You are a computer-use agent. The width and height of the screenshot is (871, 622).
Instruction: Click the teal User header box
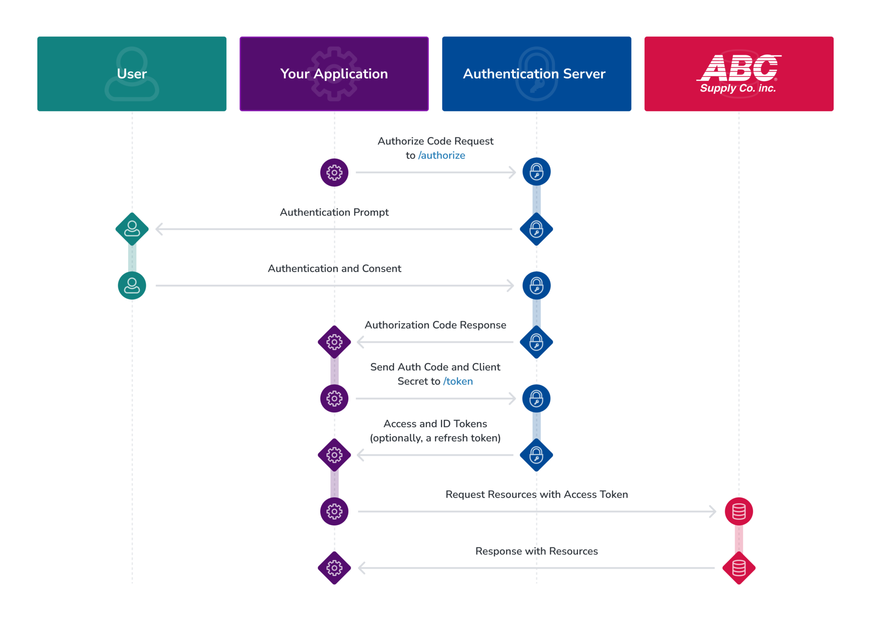point(132,74)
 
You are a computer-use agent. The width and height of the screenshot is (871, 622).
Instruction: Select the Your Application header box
point(334,74)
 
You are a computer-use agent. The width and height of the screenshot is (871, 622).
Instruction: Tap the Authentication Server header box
point(536,74)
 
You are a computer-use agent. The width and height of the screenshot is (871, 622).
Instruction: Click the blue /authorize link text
point(441,156)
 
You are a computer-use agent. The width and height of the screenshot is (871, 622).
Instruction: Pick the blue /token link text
point(458,381)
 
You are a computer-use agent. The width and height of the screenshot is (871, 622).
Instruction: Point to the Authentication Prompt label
point(334,212)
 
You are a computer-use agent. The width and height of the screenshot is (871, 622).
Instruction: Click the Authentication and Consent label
point(334,269)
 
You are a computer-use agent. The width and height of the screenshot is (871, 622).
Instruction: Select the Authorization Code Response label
point(435,325)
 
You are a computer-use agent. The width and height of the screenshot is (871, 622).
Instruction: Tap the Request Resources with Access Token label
point(536,494)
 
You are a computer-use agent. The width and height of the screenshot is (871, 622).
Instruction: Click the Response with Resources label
point(536,551)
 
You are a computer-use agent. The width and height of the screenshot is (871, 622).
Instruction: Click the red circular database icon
point(739,511)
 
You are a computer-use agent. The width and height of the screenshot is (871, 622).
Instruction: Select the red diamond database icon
point(739,568)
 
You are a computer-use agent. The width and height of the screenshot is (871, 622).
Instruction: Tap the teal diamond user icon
point(132,229)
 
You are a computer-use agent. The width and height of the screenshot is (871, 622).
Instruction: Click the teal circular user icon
point(132,286)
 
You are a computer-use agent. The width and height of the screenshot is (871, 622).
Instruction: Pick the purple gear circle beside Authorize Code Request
point(334,173)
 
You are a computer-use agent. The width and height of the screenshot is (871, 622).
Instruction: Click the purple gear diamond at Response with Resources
point(334,568)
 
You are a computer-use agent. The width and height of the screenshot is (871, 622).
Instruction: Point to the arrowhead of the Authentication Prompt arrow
point(159,229)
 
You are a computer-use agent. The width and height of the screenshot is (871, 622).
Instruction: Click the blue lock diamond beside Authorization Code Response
point(536,342)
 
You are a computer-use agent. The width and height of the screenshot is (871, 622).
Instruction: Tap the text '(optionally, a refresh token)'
point(435,438)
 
